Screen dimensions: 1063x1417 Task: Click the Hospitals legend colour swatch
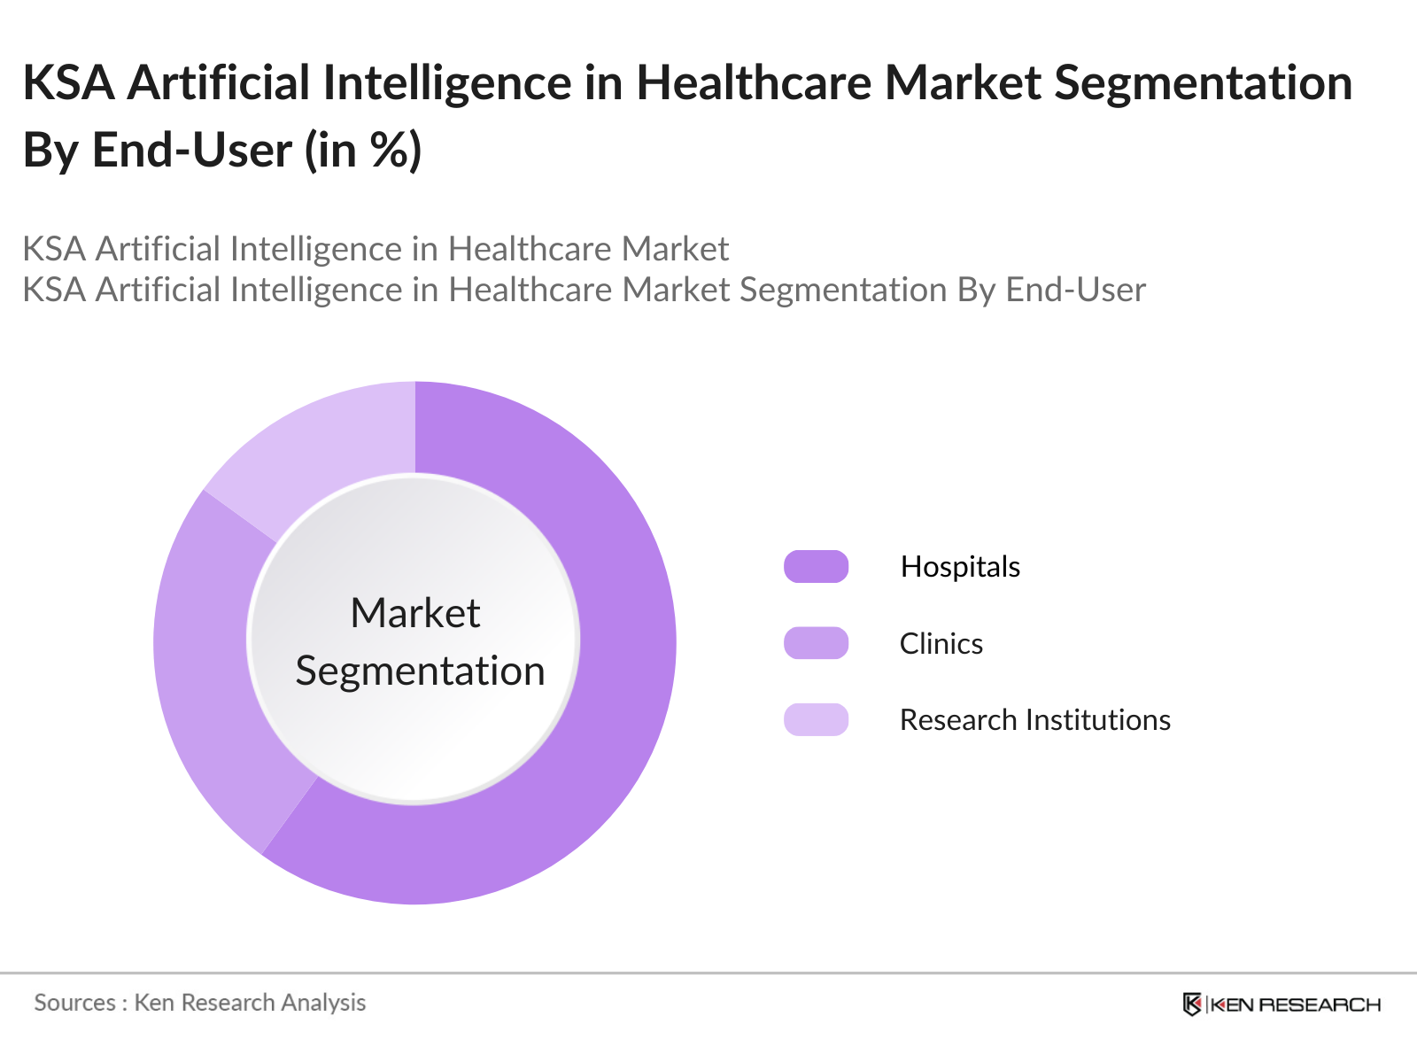click(816, 567)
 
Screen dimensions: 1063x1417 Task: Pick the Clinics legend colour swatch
click(816, 643)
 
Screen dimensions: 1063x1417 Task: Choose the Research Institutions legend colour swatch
click(816, 719)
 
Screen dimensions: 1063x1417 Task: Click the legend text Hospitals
click(960, 567)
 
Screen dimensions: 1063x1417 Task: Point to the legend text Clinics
click(941, 644)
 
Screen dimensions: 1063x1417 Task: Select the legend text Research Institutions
click(1034, 720)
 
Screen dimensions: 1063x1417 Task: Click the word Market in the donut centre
click(414, 613)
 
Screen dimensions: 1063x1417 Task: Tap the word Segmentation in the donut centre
click(420, 671)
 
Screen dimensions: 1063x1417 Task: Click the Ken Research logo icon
click(1192, 1004)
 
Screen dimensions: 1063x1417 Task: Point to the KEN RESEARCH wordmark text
click(1295, 1005)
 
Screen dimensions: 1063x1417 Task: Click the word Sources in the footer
click(74, 1003)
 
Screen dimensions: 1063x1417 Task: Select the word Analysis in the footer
click(323, 1003)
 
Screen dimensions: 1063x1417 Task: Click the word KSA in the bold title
click(68, 83)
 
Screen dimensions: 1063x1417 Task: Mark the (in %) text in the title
click(363, 151)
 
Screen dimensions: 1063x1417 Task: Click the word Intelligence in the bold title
click(446, 83)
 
